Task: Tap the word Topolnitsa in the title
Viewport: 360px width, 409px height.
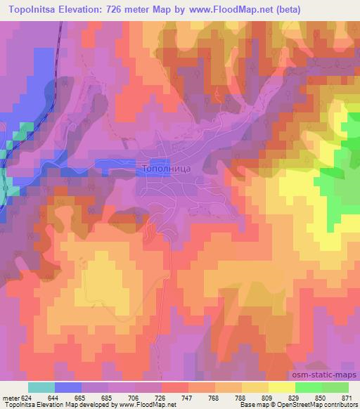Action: coord(36,10)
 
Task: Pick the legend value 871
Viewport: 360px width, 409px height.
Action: coord(345,398)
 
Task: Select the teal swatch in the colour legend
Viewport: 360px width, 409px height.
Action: coord(41,388)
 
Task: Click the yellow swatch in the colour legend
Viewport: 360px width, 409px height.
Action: coord(281,388)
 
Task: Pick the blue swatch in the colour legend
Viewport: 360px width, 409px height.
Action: coord(68,388)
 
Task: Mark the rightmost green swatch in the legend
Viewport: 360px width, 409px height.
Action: coord(335,388)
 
